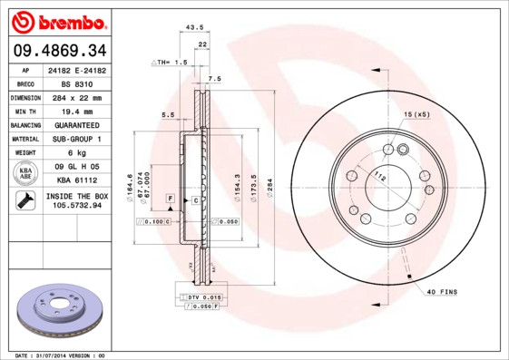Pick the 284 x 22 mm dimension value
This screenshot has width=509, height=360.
(x=77, y=96)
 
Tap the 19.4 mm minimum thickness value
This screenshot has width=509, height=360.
(x=77, y=111)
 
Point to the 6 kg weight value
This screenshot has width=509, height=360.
(x=77, y=153)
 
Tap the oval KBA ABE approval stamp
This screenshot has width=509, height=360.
(x=26, y=174)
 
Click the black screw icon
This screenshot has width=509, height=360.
(x=26, y=201)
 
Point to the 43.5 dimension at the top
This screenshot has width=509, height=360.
(x=193, y=27)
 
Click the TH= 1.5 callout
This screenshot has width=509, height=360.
(x=170, y=63)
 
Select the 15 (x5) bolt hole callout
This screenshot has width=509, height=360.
(x=416, y=113)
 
